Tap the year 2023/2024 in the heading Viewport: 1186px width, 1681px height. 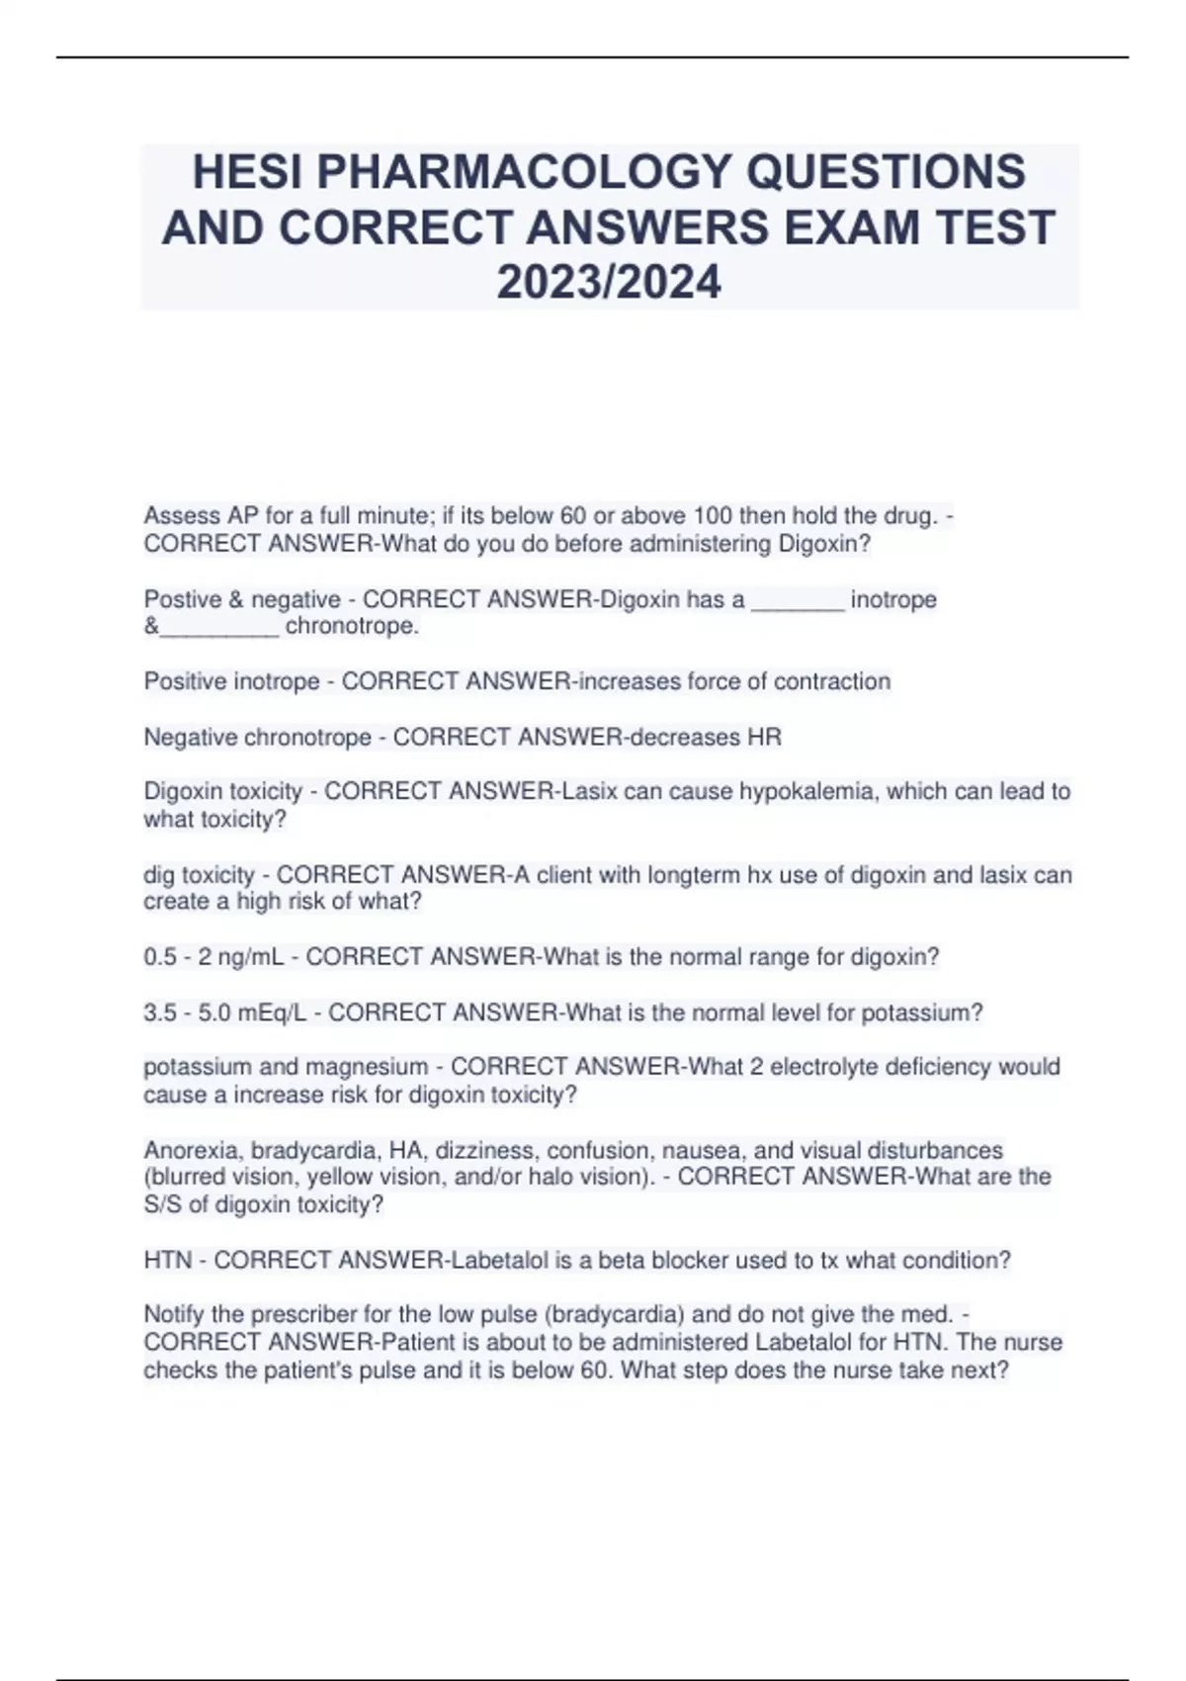(x=609, y=283)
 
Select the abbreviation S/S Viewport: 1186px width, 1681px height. (x=160, y=1204)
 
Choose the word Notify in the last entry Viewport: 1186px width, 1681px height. (x=173, y=1314)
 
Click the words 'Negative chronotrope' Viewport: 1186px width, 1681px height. (x=257, y=737)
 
